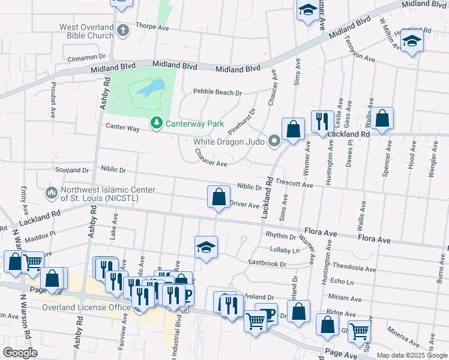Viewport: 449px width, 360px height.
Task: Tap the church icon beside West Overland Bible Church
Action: coord(124,30)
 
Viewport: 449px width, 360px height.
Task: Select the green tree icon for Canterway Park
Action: coord(157,122)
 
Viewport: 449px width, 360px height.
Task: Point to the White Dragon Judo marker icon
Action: coord(275,142)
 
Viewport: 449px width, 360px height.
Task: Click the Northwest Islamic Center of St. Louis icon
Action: coord(50,193)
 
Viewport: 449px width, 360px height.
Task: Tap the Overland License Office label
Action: coord(86,308)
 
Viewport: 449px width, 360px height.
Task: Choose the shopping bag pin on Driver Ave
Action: coord(218,196)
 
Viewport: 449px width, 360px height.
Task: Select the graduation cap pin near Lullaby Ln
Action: coord(206,247)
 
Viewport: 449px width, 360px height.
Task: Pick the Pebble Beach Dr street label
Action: coord(217,93)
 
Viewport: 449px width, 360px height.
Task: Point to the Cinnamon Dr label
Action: coord(86,58)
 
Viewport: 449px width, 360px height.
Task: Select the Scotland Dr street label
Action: coord(71,170)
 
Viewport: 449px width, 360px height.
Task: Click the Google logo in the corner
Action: coord(20,353)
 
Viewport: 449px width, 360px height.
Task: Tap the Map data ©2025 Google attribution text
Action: coord(411,355)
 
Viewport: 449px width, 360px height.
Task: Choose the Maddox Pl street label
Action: coord(40,234)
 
